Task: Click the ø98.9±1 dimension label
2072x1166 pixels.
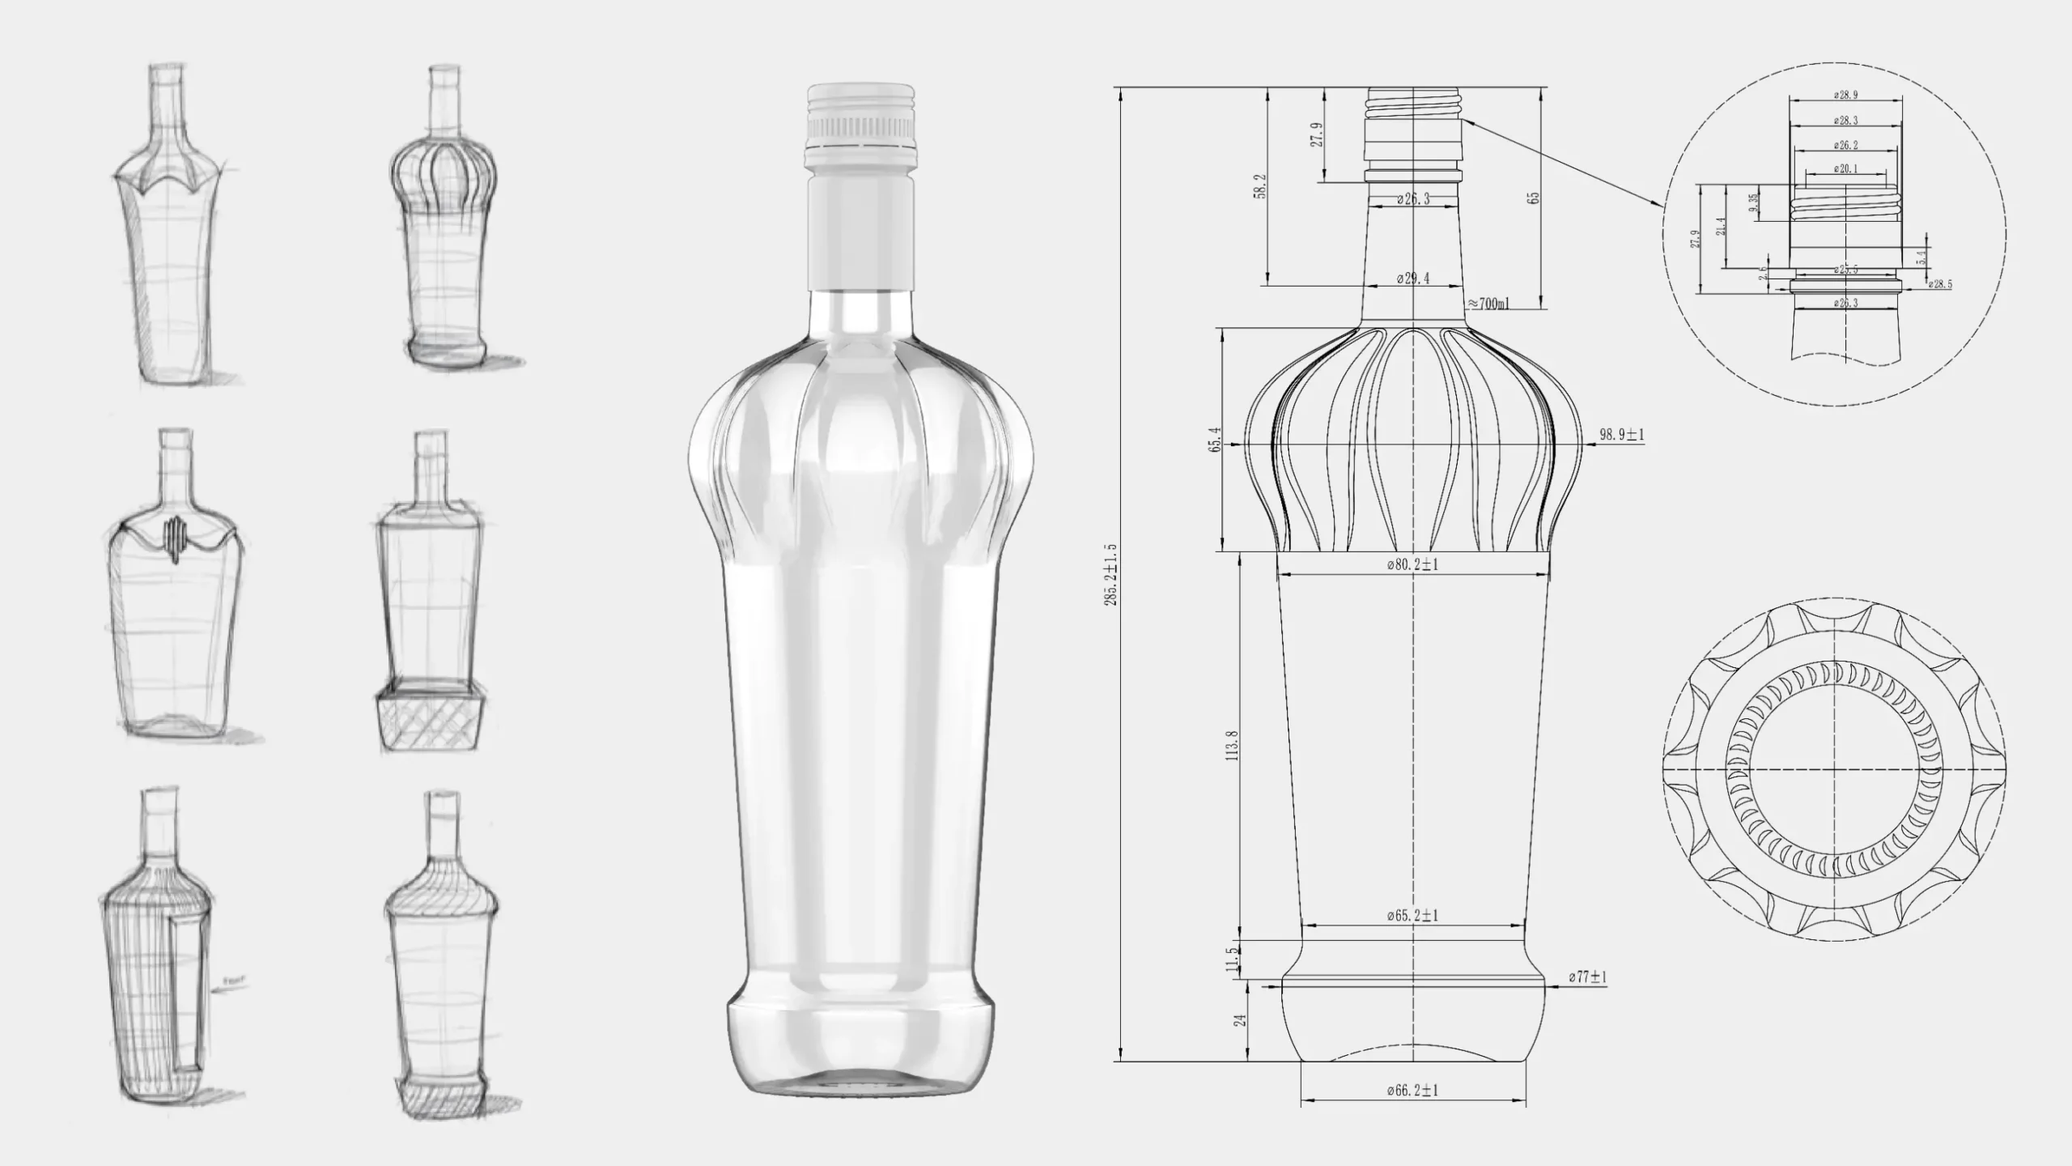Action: [x=1621, y=435]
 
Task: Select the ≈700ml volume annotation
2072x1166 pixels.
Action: [x=1488, y=304]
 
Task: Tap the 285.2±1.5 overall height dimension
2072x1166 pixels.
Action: [x=1110, y=575]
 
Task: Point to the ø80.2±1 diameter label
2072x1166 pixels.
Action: [x=1412, y=564]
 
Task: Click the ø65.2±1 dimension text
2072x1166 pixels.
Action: [x=1412, y=916]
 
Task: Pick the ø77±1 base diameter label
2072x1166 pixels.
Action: [x=1587, y=977]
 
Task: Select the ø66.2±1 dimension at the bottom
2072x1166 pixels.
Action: [x=1412, y=1091]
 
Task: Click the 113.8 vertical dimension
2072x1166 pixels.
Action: [x=1233, y=745]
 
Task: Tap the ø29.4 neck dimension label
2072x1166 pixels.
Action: [x=1413, y=279]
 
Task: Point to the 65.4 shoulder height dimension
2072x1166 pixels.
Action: [x=1215, y=440]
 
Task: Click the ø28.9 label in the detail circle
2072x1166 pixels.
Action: [x=1845, y=95]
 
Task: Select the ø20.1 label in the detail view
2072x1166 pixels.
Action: [x=1845, y=169]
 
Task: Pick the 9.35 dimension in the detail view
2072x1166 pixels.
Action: [x=1753, y=202]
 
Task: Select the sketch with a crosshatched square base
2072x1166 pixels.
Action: [x=431, y=591]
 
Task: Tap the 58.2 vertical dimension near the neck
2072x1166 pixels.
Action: [x=1260, y=187]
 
